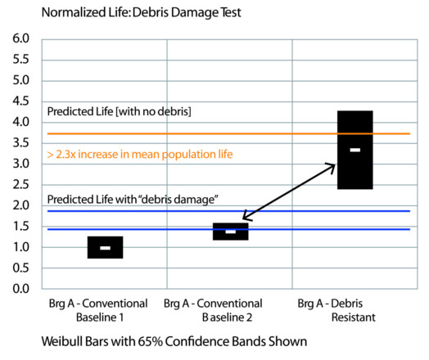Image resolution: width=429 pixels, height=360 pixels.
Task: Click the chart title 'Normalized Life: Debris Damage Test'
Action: pyautogui.click(x=141, y=12)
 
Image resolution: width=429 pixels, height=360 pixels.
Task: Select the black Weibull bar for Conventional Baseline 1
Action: pyautogui.click(x=105, y=247)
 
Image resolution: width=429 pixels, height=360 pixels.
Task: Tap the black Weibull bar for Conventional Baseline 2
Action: pyautogui.click(x=230, y=232)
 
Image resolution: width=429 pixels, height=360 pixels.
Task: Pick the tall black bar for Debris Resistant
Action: pyautogui.click(x=354, y=150)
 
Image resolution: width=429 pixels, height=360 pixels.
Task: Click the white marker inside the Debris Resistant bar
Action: pyautogui.click(x=355, y=150)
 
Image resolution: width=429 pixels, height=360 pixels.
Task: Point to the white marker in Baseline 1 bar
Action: pyautogui.click(x=106, y=248)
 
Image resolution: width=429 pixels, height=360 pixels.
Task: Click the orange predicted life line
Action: pyautogui.click(x=228, y=133)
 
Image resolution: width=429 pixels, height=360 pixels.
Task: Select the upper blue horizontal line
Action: pyautogui.click(x=228, y=211)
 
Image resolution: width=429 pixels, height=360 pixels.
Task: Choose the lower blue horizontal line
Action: pyautogui.click(x=228, y=229)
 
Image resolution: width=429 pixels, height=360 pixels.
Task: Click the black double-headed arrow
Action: pyautogui.click(x=289, y=191)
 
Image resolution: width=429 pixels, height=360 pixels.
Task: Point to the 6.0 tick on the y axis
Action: pyautogui.click(x=20, y=38)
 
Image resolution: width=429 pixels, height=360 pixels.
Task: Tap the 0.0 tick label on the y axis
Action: pyautogui.click(x=20, y=289)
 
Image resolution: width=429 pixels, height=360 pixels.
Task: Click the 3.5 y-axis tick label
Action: pyautogui.click(x=20, y=142)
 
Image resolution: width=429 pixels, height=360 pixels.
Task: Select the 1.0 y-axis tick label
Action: pyautogui.click(x=20, y=247)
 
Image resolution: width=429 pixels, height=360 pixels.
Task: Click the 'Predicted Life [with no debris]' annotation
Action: pyautogui.click(x=120, y=111)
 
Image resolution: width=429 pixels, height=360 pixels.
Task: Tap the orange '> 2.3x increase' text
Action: pyautogui.click(x=140, y=155)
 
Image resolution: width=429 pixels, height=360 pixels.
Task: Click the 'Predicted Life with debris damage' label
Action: pyautogui.click(x=133, y=200)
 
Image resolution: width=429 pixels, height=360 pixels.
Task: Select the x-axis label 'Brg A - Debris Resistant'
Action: pyautogui.click(x=336, y=311)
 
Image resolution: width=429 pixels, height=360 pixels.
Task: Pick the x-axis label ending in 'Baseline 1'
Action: pyautogui.click(x=98, y=311)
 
